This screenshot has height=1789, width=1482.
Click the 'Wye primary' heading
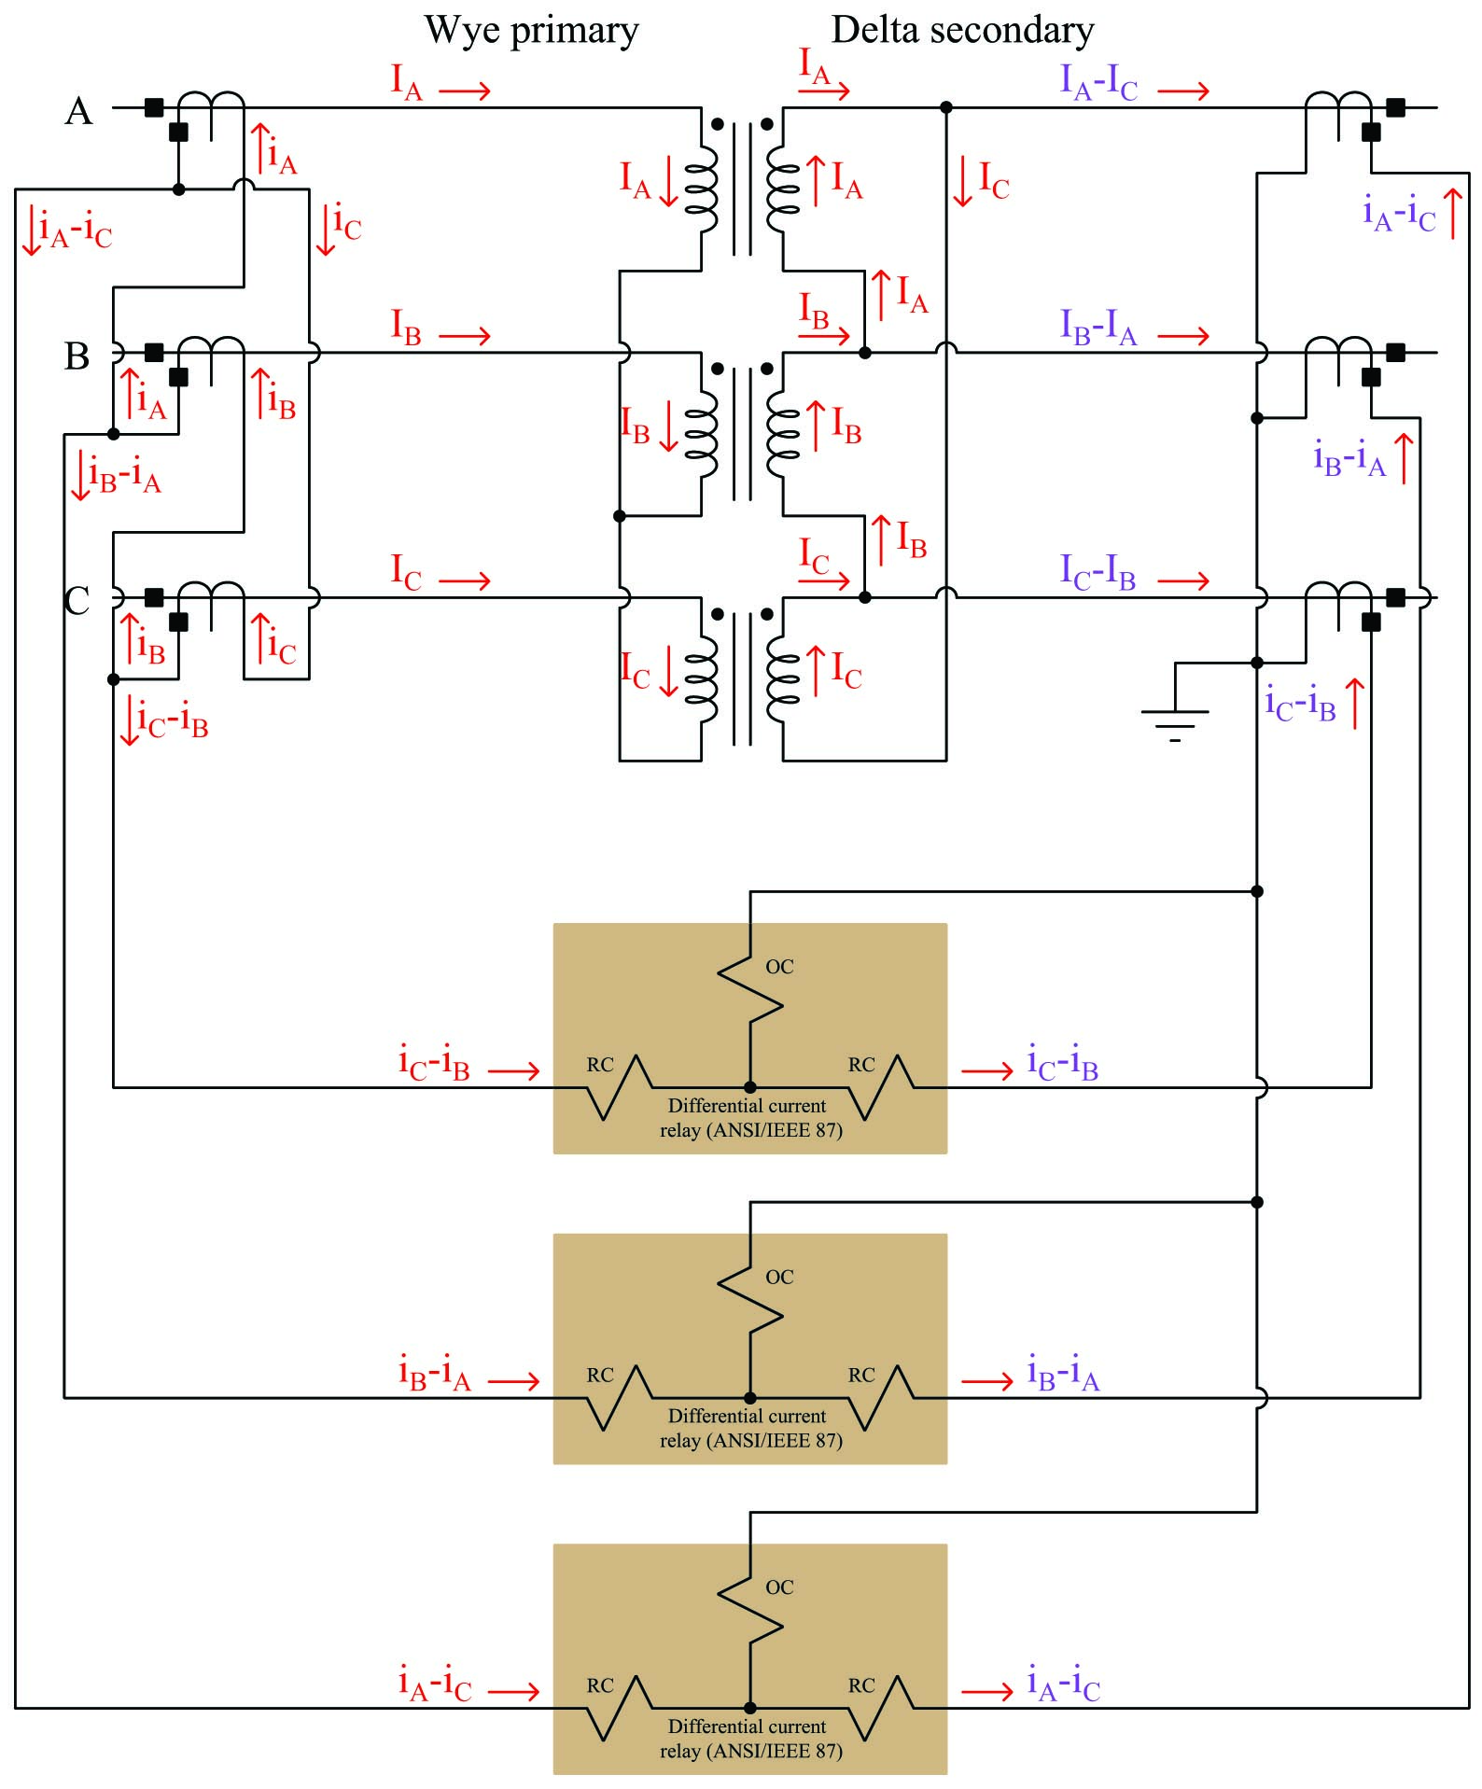click(531, 31)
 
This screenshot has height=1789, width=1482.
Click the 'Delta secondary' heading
click(962, 31)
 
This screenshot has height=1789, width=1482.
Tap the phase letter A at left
click(78, 111)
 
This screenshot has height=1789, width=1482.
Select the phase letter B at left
click(77, 356)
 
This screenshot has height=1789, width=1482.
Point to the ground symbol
click(1175, 719)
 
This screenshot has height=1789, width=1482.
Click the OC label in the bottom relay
click(779, 1586)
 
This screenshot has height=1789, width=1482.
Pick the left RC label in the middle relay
click(600, 1375)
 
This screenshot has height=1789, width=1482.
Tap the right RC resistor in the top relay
click(881, 1086)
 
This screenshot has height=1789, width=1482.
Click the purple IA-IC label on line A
click(1098, 83)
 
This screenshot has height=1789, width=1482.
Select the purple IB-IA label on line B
click(1098, 328)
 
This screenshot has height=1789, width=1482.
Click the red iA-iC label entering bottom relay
click(435, 1684)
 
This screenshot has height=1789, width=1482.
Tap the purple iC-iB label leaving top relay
click(1062, 1063)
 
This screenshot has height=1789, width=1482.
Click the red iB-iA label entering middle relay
click(435, 1374)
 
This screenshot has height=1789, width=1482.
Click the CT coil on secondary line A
click(1337, 105)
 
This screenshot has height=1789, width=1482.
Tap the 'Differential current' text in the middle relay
click(747, 1416)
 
